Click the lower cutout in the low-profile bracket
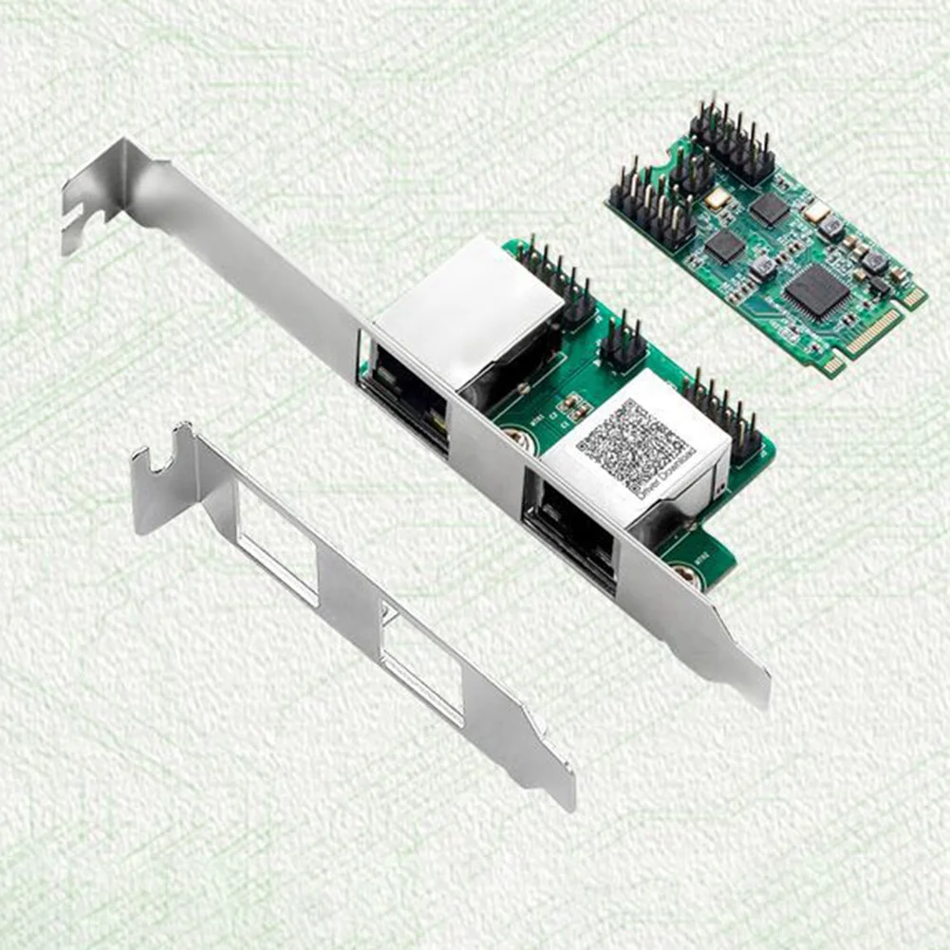click(421, 667)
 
